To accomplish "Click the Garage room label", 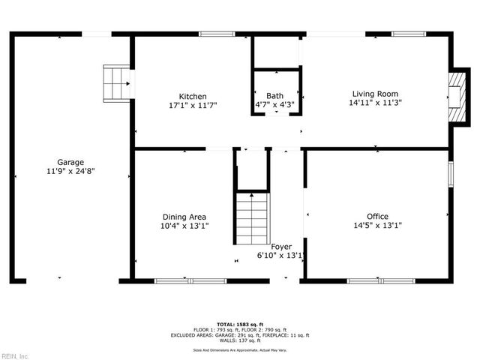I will click(70, 162).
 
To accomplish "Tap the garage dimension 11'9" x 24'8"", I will click(70, 171).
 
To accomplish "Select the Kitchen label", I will click(192, 96).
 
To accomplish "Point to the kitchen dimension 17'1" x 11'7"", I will click(192, 106).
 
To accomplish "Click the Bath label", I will click(274, 96).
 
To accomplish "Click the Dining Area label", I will click(183, 217).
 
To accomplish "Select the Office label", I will click(377, 216).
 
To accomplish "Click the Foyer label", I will click(280, 246).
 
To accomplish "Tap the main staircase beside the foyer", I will click(253, 217).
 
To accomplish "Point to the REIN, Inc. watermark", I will click(15, 355).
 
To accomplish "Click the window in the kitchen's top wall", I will click(217, 34).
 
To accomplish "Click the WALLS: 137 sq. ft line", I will click(241, 339).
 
